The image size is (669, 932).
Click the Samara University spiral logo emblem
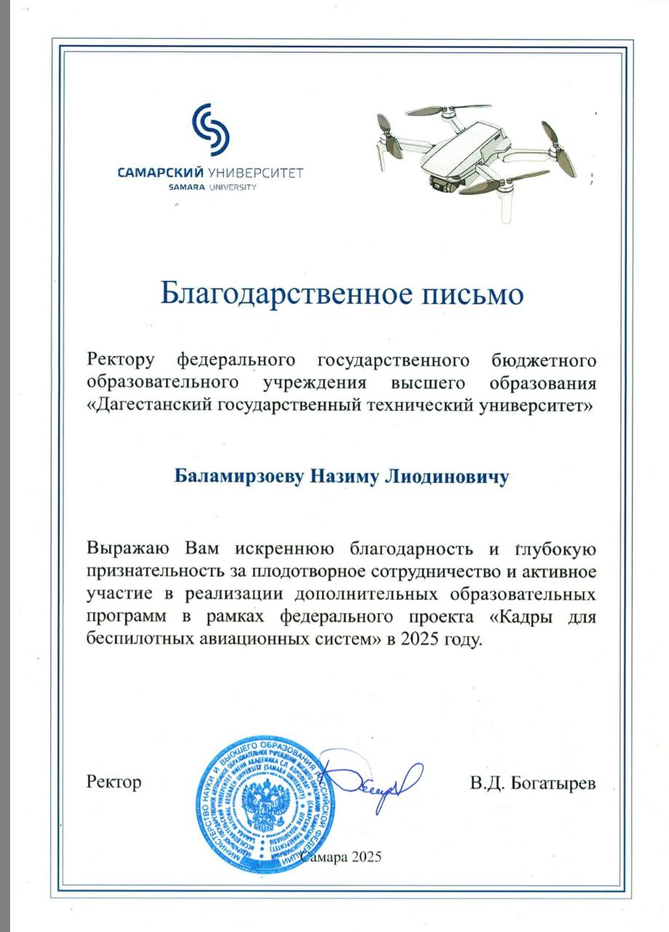pos(210,130)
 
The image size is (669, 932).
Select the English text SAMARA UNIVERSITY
pos(213,187)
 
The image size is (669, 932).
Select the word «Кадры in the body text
pos(518,617)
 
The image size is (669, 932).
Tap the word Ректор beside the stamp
pos(114,783)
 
